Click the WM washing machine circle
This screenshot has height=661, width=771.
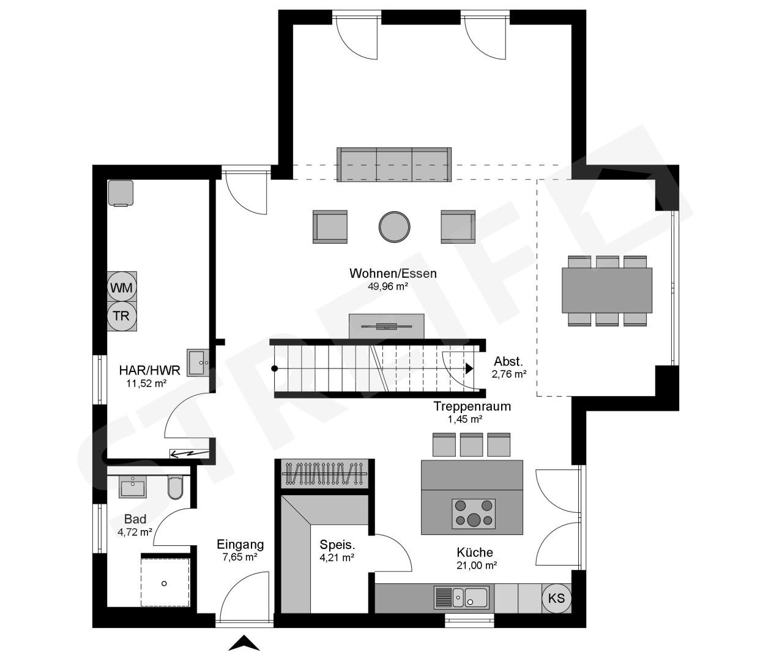coord(122,286)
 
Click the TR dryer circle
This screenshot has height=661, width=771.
coord(122,316)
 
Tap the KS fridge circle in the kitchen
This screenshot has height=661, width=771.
coord(556,598)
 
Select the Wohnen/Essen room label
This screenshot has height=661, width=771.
coord(393,273)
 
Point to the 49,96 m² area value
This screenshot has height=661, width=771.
coord(387,285)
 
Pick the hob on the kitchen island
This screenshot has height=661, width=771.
coord(473,513)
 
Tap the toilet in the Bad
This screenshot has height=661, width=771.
coord(174,487)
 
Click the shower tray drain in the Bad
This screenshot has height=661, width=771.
coord(164,583)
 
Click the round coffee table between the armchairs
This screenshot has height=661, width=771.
coord(393,226)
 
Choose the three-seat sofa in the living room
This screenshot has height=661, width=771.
coord(394,164)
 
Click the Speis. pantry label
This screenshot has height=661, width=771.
coord(337,545)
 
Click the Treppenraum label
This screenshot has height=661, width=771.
coord(472,406)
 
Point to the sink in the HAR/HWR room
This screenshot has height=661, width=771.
coord(198,362)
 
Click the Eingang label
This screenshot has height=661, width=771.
coord(240,544)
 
